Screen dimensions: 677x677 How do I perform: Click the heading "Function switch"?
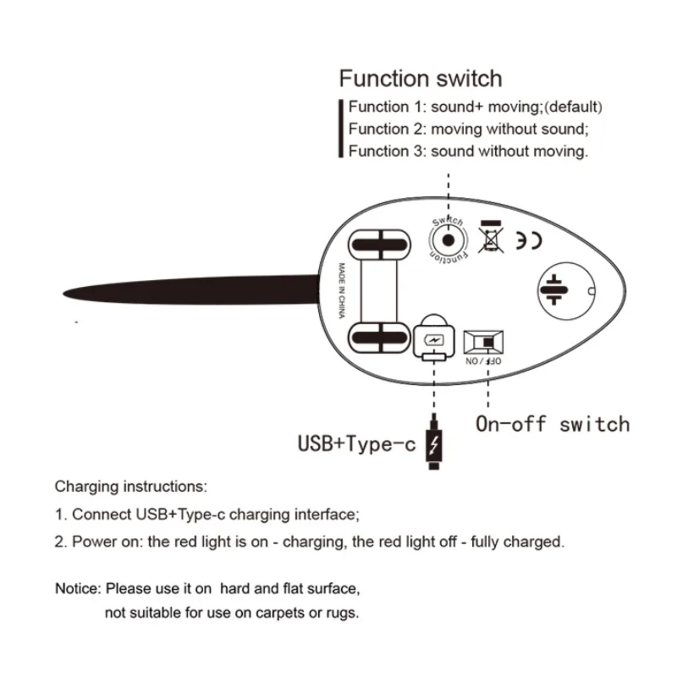[420, 79]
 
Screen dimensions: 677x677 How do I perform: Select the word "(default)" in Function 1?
[573, 107]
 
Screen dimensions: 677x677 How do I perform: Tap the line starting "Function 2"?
[468, 129]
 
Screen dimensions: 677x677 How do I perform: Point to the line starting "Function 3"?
[468, 151]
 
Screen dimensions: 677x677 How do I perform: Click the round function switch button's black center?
[448, 241]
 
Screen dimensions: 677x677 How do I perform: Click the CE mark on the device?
[529, 241]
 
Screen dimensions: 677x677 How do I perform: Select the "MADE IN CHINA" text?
[342, 290]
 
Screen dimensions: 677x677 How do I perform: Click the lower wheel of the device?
[379, 337]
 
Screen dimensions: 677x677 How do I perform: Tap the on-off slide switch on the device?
[483, 342]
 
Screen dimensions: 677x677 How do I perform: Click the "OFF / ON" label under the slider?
[483, 361]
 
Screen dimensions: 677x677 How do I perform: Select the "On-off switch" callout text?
[552, 424]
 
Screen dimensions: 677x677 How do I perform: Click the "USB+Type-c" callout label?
[356, 443]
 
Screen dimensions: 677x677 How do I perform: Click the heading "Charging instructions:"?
[131, 487]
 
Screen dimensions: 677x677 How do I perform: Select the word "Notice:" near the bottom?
[77, 589]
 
